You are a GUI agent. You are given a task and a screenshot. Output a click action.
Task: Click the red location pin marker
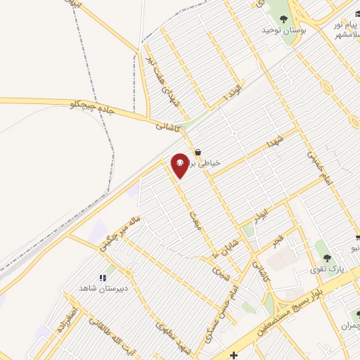(x=180, y=165)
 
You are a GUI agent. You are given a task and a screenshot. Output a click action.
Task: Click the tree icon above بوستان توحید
(x=283, y=19)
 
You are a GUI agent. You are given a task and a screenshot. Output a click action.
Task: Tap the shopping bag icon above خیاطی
(x=198, y=151)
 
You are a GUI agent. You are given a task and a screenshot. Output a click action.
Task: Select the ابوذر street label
(x=262, y=211)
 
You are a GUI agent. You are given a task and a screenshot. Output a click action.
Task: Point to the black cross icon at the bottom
(x=234, y=356)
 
